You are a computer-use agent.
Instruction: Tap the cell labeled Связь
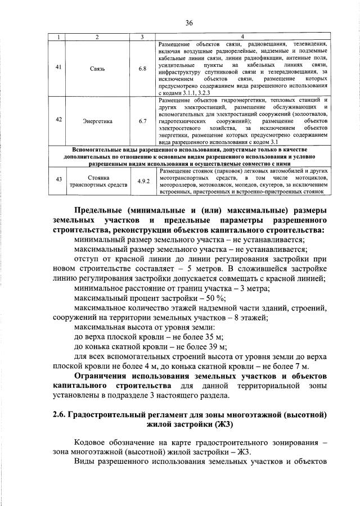(x=97, y=69)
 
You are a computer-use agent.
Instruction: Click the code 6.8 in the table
(x=142, y=69)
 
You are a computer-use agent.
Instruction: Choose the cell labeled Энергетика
(x=97, y=120)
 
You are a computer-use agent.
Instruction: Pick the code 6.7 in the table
(x=142, y=120)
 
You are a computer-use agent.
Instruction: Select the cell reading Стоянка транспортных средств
(x=97, y=179)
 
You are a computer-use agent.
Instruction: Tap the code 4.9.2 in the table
(x=142, y=179)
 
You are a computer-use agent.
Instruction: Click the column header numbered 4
(x=242, y=37)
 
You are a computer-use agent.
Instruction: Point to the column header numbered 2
(x=97, y=37)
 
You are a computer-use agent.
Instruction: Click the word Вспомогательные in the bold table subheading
(x=99, y=149)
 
